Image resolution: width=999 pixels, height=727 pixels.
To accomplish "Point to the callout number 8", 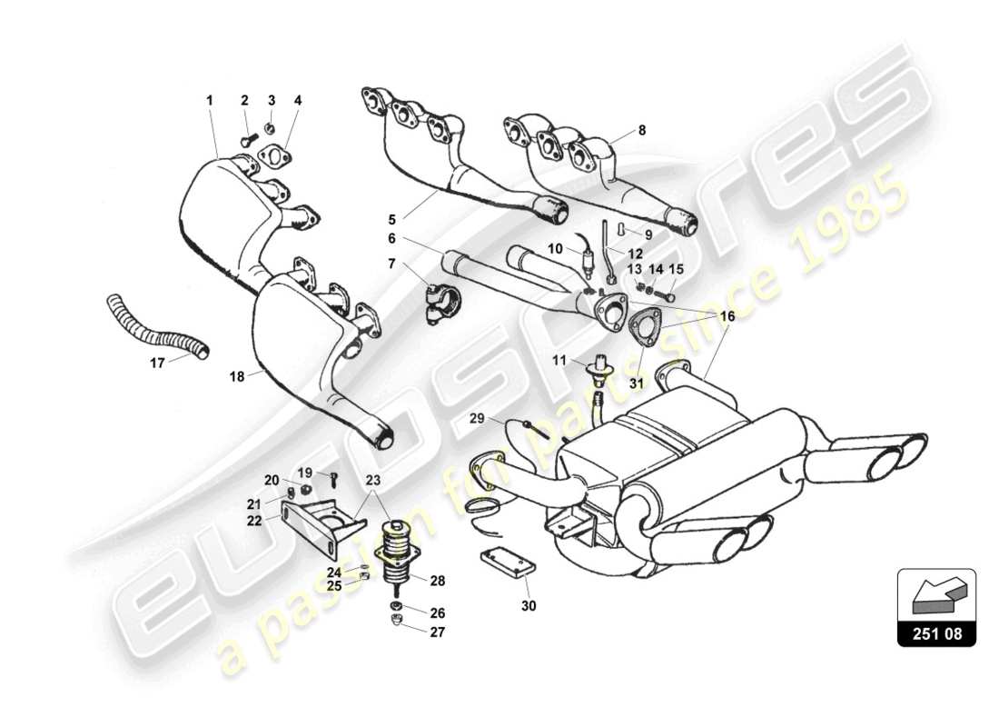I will (x=642, y=130).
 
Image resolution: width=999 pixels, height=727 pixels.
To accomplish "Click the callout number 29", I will (x=478, y=417).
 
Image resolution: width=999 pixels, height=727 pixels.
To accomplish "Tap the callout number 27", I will (x=439, y=632).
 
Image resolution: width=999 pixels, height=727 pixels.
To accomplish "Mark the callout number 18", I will (x=237, y=375).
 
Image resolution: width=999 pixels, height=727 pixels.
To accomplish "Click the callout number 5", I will (x=391, y=219).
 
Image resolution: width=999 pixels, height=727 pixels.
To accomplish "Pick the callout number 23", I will (x=373, y=482).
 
